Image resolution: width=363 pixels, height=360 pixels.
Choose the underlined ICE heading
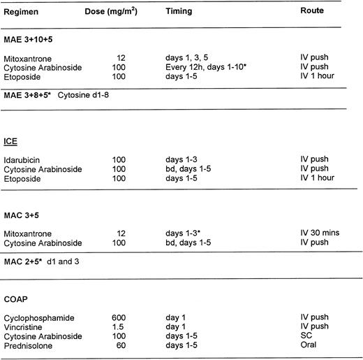tap(12, 139)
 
